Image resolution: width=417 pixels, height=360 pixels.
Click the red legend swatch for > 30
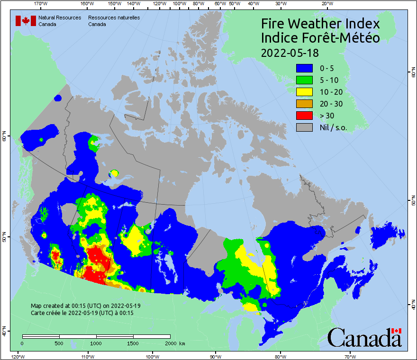(x=304, y=115)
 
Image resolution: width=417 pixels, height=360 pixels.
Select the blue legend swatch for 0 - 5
(x=304, y=68)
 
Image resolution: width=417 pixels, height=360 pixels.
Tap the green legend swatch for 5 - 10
(x=304, y=80)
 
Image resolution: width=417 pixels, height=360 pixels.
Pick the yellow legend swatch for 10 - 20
(x=304, y=91)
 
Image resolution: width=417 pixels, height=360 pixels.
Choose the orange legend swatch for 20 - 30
(x=304, y=103)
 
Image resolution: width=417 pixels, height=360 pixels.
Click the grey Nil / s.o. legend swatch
(x=304, y=127)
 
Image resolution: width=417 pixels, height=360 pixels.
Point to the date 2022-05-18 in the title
(x=290, y=52)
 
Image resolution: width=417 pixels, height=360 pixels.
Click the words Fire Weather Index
(x=320, y=24)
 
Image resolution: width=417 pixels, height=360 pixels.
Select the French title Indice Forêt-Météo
(x=320, y=38)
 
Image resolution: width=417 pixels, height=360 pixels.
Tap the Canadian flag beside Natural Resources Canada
(x=26, y=20)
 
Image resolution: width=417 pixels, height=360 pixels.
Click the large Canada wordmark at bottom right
(x=364, y=337)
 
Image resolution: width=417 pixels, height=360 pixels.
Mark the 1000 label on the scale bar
(x=96, y=343)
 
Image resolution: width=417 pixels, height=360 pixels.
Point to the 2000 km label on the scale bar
(x=174, y=343)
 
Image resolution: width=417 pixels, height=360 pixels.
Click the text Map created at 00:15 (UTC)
(x=86, y=306)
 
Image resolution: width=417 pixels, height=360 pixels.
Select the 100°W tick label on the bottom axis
(x=152, y=356)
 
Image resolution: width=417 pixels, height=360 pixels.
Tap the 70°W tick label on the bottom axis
(x=350, y=356)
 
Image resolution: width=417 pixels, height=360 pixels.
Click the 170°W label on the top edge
(x=41, y=3)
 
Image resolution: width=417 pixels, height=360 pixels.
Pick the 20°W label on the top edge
(x=326, y=3)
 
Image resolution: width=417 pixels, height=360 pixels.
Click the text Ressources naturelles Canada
(x=114, y=20)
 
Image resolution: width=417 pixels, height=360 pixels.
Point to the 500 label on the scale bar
(x=59, y=343)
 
